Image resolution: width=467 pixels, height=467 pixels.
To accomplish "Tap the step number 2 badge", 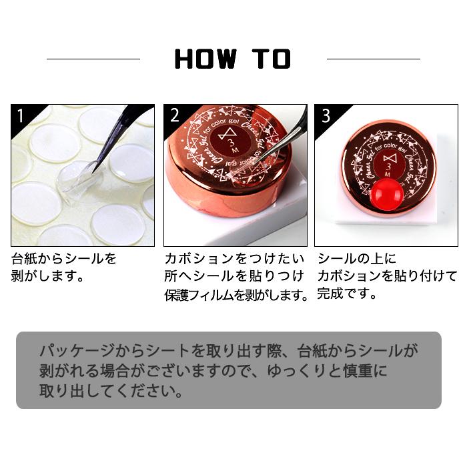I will pos(175,115).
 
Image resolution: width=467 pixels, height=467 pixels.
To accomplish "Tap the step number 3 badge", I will pos(326,115).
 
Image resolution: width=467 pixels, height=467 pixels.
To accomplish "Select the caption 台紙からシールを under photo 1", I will pos(64,258).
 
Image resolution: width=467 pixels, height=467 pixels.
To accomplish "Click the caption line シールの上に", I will pos(357,258).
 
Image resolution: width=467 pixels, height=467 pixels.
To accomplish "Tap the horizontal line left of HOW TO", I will pos(93,59).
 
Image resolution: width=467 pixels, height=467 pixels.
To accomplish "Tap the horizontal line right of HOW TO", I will pos(373,59).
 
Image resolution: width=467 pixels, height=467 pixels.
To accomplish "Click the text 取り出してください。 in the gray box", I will pos(111,390).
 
